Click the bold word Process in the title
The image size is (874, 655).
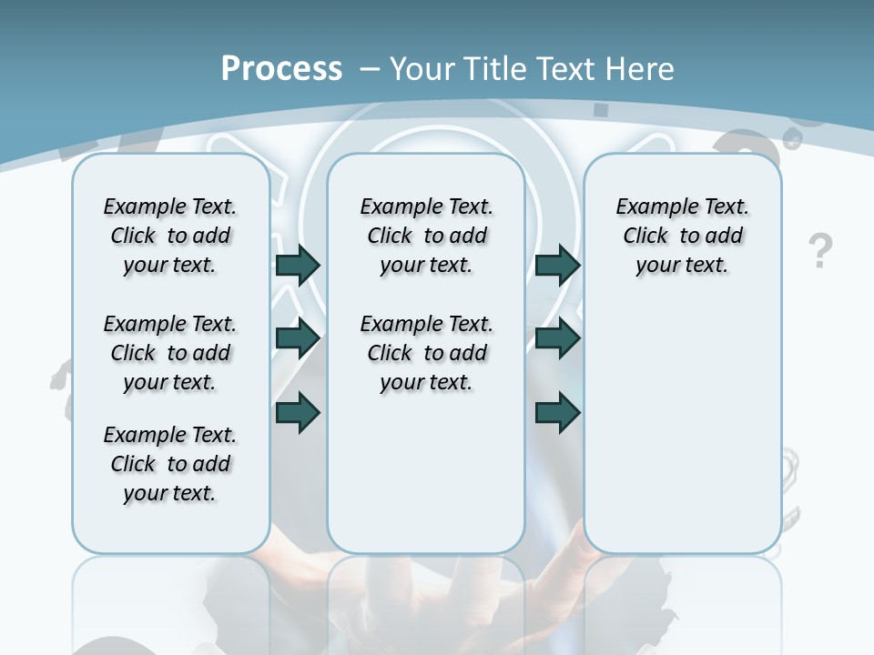click(x=281, y=68)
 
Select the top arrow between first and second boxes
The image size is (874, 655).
click(x=298, y=265)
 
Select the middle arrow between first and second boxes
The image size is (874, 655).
click(x=298, y=338)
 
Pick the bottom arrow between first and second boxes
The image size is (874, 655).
click(x=298, y=412)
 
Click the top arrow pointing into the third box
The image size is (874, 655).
click(x=557, y=265)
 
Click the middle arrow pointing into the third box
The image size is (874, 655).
click(x=557, y=338)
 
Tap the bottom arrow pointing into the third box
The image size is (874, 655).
click(x=557, y=412)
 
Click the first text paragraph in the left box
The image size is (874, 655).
click(x=170, y=236)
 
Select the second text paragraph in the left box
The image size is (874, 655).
click(x=170, y=353)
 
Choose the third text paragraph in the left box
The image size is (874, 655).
click(x=170, y=464)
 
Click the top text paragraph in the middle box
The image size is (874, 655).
click(x=426, y=236)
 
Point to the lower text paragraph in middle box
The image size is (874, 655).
click(x=426, y=353)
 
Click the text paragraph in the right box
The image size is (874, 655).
click(x=682, y=236)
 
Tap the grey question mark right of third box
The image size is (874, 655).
click(x=820, y=250)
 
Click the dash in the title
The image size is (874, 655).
click(x=370, y=69)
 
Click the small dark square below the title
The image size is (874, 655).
click(x=601, y=109)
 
